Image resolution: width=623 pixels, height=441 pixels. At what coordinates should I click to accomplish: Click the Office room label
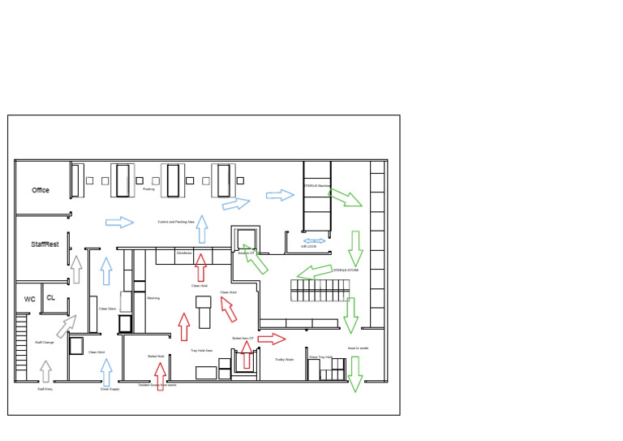pyautogui.click(x=41, y=190)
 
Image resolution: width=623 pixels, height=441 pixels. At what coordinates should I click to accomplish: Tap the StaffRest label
pyautogui.click(x=45, y=244)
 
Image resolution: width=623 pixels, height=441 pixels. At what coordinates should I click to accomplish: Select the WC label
pyautogui.click(x=30, y=299)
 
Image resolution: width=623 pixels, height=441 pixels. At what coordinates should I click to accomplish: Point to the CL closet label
pyautogui.click(x=50, y=298)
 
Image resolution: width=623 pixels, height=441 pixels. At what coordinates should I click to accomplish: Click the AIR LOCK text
pyautogui.click(x=309, y=247)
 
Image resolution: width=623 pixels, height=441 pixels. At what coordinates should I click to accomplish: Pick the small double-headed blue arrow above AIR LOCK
pyautogui.click(x=314, y=240)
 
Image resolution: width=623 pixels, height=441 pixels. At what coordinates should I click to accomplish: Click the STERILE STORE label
pyautogui.click(x=346, y=270)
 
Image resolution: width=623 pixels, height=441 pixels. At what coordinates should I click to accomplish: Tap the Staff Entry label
pyautogui.click(x=45, y=389)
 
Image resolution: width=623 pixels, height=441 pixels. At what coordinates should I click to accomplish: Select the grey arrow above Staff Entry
pyautogui.click(x=45, y=371)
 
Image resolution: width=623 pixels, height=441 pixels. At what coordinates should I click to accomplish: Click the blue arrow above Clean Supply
pyautogui.click(x=105, y=371)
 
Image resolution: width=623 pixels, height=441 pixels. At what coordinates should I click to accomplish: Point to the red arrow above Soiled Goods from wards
pyautogui.click(x=160, y=375)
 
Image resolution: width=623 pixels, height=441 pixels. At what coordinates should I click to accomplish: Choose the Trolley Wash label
pyautogui.click(x=284, y=359)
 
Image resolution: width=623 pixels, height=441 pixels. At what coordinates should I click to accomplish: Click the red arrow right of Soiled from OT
pyautogui.click(x=272, y=338)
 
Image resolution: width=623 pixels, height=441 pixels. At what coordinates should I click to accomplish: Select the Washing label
pyautogui.click(x=153, y=298)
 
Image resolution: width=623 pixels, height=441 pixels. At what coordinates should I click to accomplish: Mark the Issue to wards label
pyautogui.click(x=359, y=348)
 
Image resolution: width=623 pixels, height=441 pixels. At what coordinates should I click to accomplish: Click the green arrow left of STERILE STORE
pyautogui.click(x=315, y=270)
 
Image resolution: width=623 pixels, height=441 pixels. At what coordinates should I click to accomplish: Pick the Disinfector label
pyautogui.click(x=184, y=254)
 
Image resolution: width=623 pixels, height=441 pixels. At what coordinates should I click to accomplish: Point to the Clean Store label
pyautogui.click(x=107, y=309)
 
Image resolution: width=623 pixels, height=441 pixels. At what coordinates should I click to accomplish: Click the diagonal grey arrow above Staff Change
pyautogui.click(x=67, y=326)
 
